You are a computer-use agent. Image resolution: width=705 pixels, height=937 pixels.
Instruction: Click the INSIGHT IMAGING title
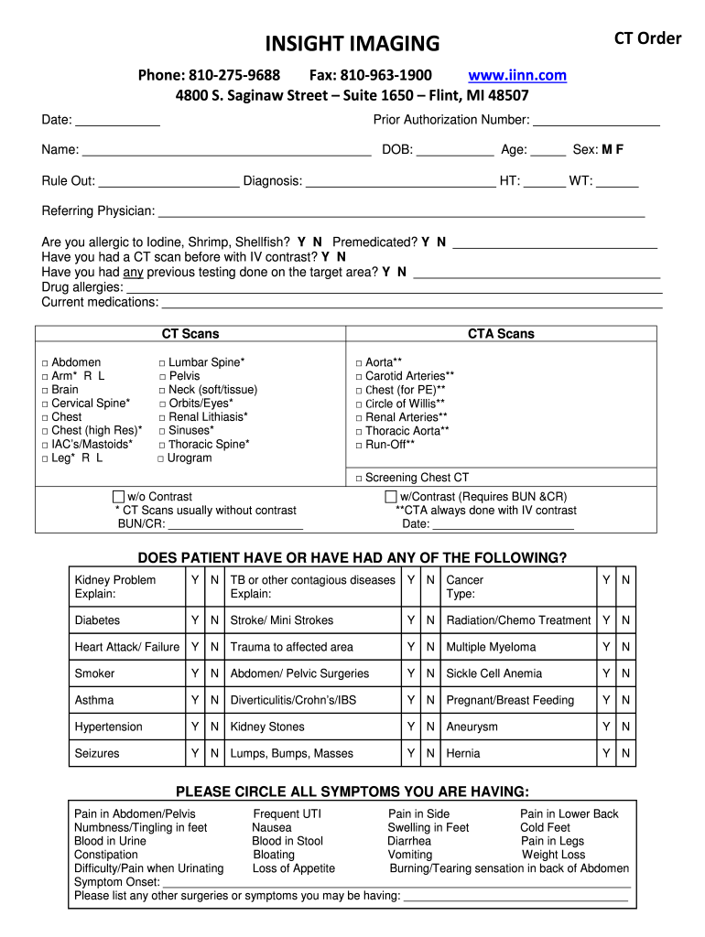tap(352, 43)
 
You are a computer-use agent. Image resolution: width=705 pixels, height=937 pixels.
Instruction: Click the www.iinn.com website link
tap(517, 75)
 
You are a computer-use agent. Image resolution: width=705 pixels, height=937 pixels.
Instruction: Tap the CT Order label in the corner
tap(647, 38)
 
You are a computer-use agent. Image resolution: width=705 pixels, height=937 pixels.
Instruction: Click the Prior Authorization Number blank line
tap(596, 121)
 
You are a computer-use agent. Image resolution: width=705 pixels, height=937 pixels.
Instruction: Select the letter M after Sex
tap(606, 150)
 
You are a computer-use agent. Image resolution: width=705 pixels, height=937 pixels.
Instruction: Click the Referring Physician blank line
tap(402, 212)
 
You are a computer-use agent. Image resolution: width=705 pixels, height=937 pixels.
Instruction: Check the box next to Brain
tap(45, 390)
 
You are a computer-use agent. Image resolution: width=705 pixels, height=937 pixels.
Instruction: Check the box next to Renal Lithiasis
tap(162, 417)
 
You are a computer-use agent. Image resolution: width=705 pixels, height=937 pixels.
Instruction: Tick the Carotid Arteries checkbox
tap(359, 376)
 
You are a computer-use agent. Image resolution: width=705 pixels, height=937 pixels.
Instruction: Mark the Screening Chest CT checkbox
tap(359, 478)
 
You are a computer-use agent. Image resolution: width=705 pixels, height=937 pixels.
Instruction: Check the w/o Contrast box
tap(118, 497)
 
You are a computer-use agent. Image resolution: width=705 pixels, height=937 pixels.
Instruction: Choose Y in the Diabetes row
tap(194, 620)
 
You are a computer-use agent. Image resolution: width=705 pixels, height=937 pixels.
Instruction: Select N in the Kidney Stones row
tap(430, 727)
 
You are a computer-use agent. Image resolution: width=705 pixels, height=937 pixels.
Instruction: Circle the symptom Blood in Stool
tap(287, 841)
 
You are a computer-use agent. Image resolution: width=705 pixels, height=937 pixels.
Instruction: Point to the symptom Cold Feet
tap(545, 827)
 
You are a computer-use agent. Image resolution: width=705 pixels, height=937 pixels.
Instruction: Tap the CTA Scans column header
tap(501, 334)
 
